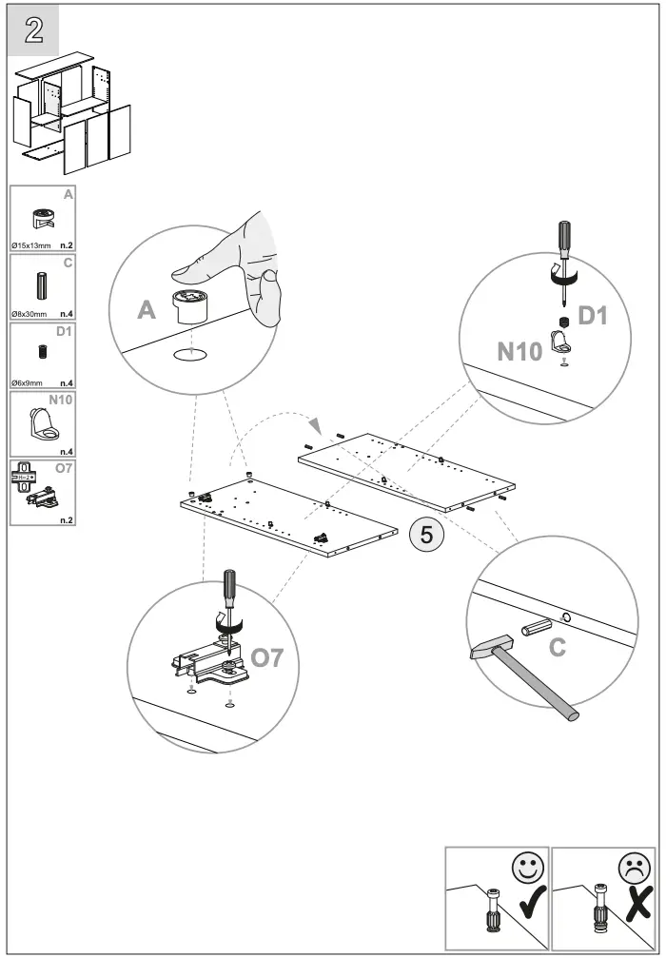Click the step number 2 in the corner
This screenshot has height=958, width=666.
[33, 29]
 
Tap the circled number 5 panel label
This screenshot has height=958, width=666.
[426, 535]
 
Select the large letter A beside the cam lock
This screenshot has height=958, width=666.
[146, 310]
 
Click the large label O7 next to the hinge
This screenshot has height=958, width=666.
[266, 656]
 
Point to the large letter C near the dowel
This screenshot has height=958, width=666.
[558, 648]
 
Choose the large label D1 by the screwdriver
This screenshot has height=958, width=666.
[592, 315]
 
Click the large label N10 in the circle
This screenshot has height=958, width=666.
[519, 352]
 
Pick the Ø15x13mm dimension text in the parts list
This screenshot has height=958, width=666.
[31, 245]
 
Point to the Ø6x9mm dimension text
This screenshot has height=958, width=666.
[26, 381]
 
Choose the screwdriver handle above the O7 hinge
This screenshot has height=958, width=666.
[228, 586]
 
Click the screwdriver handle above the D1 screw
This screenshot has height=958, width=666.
[564, 237]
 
